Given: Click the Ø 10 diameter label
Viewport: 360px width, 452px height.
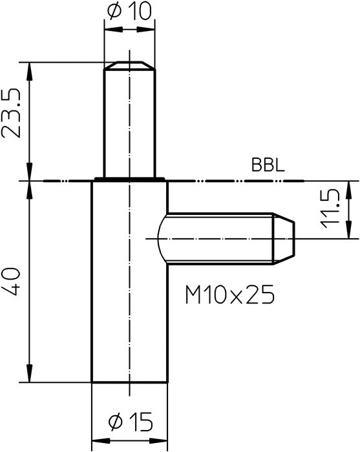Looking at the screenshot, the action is pyautogui.click(x=129, y=12).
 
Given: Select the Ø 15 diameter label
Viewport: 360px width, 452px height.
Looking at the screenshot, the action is pyautogui.click(x=131, y=422).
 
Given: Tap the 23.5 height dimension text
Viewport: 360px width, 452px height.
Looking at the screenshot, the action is pyautogui.click(x=12, y=113).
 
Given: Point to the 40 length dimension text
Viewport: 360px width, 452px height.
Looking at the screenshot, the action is pyautogui.click(x=12, y=281).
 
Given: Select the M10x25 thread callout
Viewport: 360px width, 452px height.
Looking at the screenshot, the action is pyautogui.click(x=229, y=294).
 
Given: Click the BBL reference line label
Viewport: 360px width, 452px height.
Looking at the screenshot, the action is pyautogui.click(x=268, y=165).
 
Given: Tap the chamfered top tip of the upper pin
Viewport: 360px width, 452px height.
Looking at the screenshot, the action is pyautogui.click(x=129, y=65).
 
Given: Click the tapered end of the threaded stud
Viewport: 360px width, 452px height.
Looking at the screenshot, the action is pyautogui.click(x=284, y=238).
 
